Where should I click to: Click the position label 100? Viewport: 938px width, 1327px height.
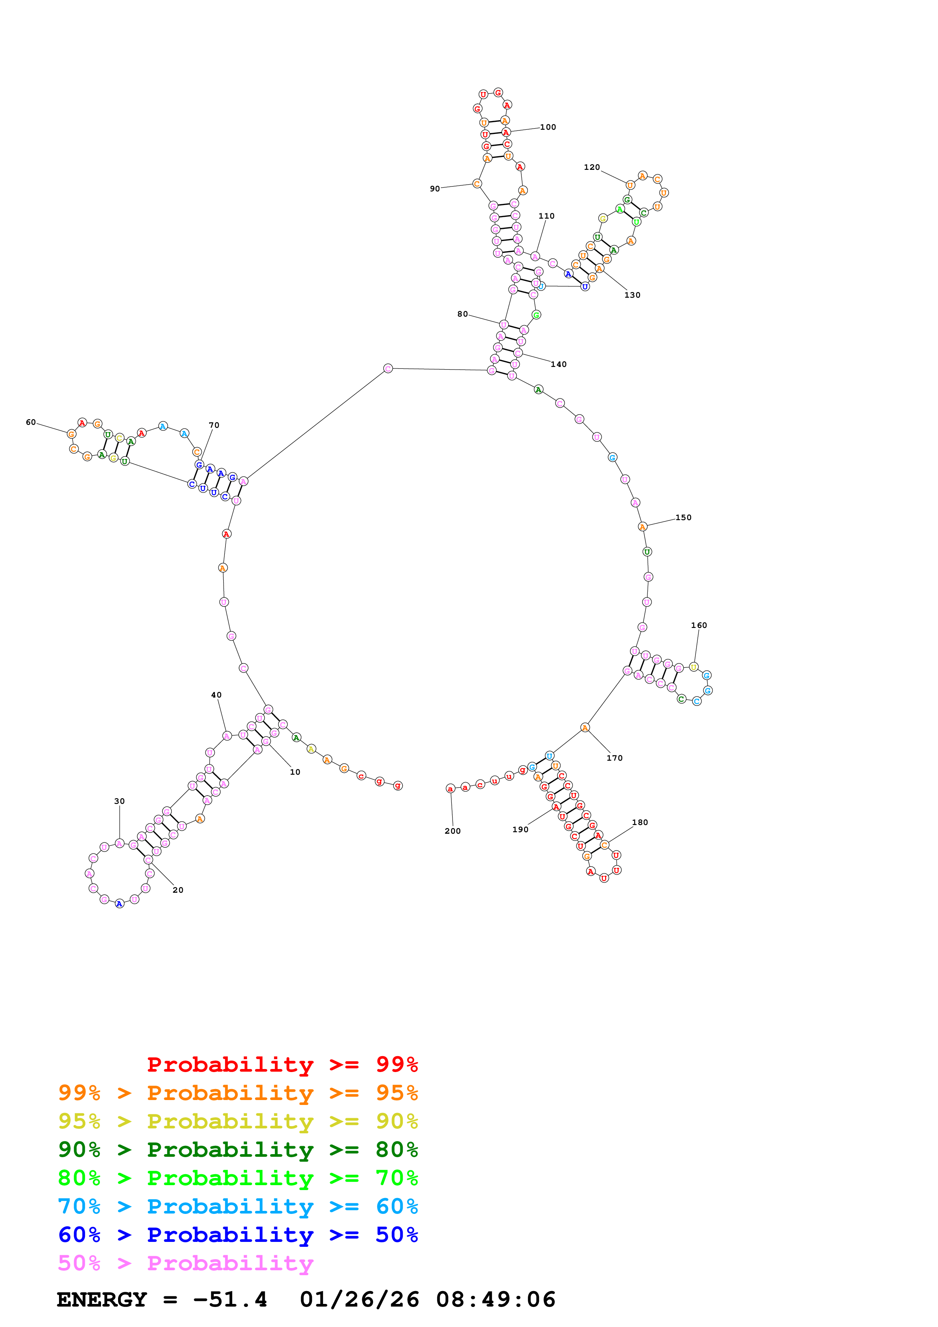point(548,127)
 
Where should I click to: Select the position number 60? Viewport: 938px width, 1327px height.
point(31,423)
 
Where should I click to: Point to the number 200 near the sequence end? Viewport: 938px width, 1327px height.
point(453,831)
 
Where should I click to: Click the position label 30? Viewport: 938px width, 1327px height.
point(119,801)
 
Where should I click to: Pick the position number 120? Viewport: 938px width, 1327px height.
point(592,167)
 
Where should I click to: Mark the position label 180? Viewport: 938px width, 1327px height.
point(640,822)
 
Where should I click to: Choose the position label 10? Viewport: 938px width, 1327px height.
point(295,772)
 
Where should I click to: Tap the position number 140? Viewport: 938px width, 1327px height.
point(558,364)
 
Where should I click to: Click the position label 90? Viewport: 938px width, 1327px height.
point(435,188)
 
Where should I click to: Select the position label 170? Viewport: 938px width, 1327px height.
point(614,758)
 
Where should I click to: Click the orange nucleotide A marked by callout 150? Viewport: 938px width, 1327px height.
point(642,527)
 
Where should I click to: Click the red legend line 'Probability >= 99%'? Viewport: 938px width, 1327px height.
point(282,1064)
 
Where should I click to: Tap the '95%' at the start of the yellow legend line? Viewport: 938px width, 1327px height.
point(79,1121)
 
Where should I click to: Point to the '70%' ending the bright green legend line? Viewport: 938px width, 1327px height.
point(397,1178)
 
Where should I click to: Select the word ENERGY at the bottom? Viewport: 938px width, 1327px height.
point(102,1299)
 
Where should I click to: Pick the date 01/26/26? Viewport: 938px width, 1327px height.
point(359,1299)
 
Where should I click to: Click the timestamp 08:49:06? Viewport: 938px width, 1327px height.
point(495,1299)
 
